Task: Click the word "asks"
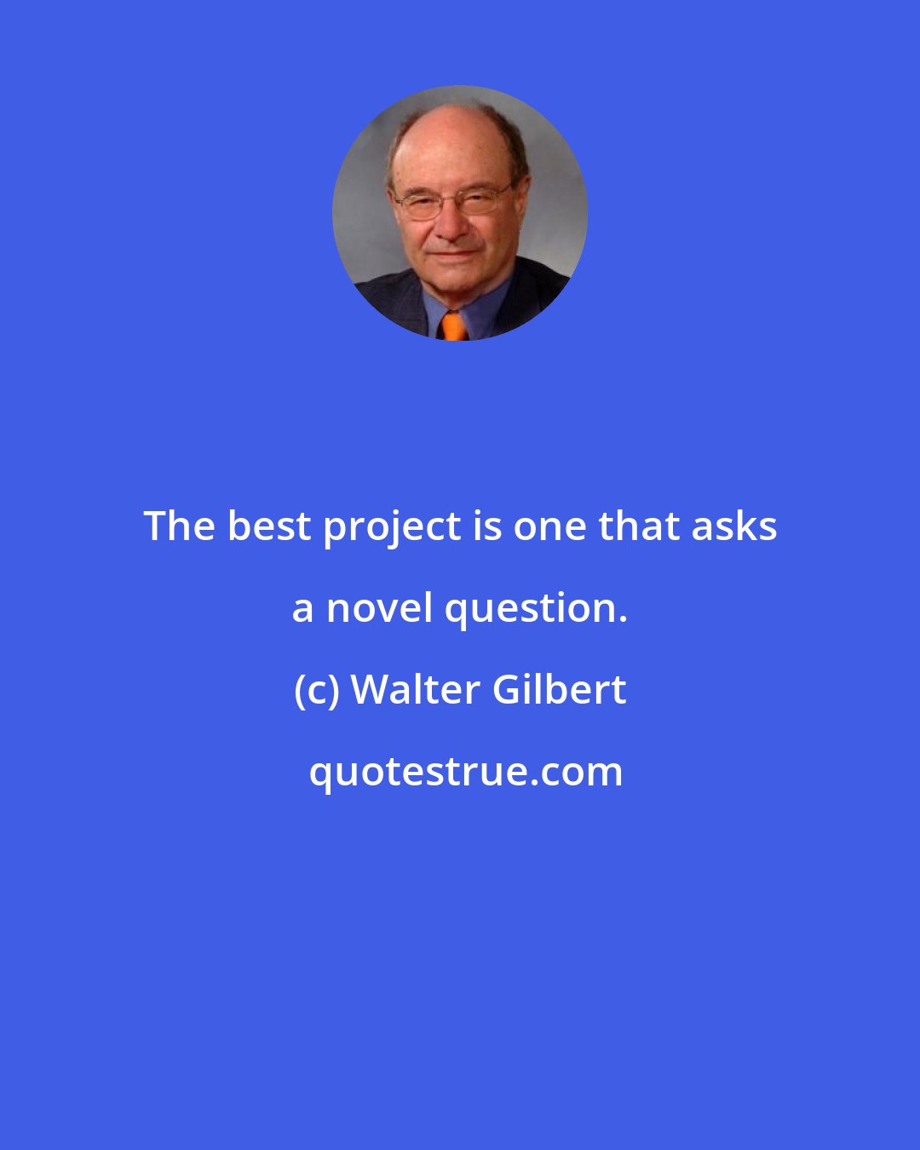pyautogui.click(x=734, y=526)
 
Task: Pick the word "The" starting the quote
pyautogui.click(x=179, y=526)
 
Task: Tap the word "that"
pyautogui.click(x=637, y=526)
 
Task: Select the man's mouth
pyautogui.click(x=455, y=253)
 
